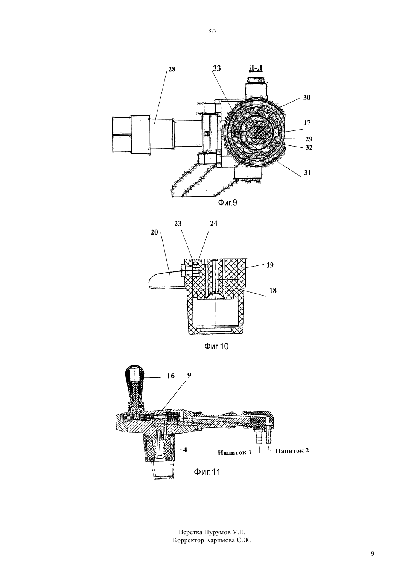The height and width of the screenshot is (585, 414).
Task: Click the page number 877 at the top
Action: coord(213,31)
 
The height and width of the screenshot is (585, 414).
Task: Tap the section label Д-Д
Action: coord(255,68)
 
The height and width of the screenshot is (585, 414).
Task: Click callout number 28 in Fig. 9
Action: coord(172,70)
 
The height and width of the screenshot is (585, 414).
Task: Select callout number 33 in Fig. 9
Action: coord(217,68)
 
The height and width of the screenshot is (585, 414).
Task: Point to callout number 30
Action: coord(307,98)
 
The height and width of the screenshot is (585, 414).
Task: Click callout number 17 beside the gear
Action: coord(307,123)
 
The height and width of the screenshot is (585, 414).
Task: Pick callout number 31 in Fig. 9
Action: coord(307,173)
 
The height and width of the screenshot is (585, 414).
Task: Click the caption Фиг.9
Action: coord(227,203)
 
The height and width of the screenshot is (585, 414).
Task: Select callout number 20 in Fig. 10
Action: coord(154,232)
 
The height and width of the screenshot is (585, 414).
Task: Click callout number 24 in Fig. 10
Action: coord(213,223)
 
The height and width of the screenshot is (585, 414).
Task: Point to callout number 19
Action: coord(270,265)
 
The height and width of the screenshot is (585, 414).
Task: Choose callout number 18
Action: coord(273,291)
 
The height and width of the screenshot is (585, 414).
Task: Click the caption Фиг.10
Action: coord(216,347)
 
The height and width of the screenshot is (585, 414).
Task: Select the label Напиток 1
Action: coord(234,452)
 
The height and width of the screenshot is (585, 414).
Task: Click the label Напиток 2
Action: coord(292,450)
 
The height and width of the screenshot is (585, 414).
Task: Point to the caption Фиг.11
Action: coord(207,472)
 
